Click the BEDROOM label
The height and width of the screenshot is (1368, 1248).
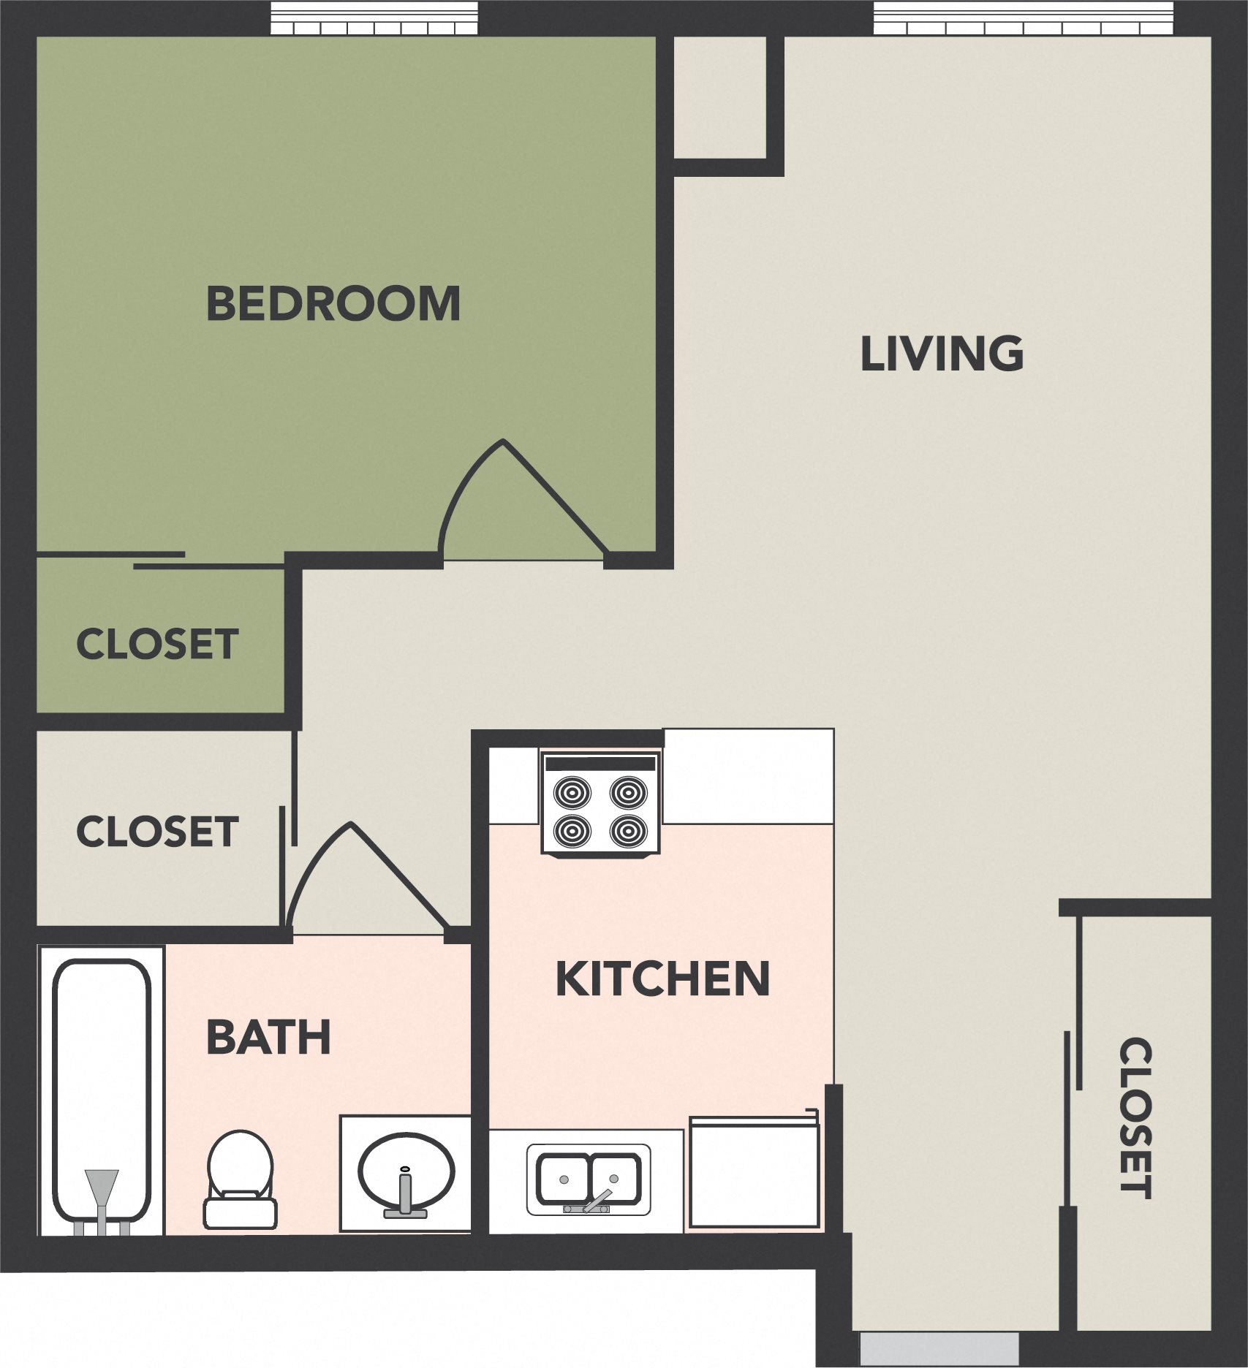pos(333,304)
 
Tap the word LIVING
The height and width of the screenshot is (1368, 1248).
pos(941,354)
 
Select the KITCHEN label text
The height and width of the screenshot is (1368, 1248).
pos(662,979)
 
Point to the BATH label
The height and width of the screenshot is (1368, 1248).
pos(268,1038)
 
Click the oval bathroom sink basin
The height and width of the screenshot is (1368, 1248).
pos(406,1169)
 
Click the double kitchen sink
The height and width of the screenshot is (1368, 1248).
pos(589,1179)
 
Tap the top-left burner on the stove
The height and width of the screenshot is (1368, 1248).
pos(572,791)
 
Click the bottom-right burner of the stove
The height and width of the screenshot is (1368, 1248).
pos(628,829)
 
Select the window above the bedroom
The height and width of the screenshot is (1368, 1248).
pos(374,18)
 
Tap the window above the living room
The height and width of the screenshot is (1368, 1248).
pos(1023,18)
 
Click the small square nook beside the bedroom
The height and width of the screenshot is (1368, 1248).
pos(719,97)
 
